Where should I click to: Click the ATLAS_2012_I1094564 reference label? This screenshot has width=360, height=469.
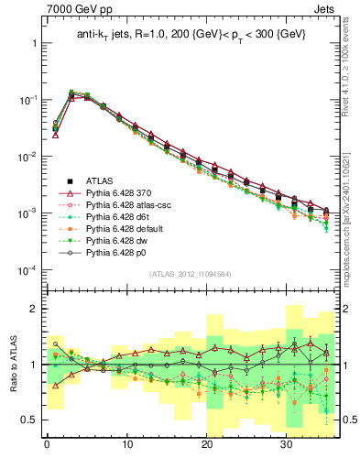point(190,274)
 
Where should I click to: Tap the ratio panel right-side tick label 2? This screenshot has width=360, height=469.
point(345,309)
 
